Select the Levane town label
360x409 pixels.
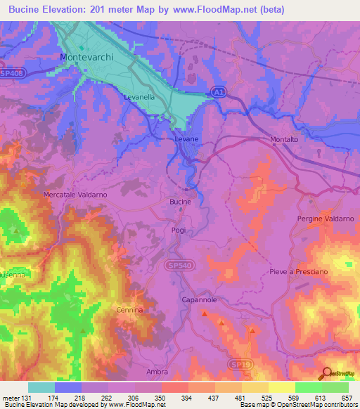(186, 140)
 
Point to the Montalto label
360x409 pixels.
(285, 140)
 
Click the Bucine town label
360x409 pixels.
(180, 202)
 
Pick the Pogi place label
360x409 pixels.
(178, 230)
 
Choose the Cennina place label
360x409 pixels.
(129, 309)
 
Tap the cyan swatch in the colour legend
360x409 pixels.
(41, 387)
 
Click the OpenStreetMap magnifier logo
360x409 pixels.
(326, 375)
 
